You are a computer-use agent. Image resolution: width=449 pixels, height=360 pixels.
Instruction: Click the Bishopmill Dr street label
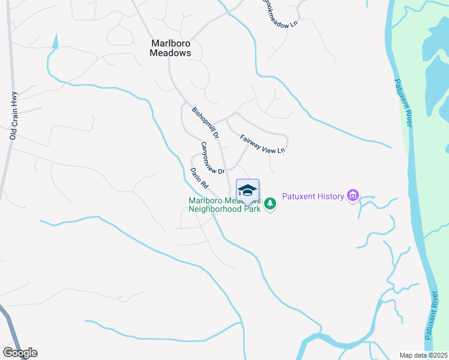[205, 123]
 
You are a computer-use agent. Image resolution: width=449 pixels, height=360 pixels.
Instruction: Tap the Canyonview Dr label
[212, 158]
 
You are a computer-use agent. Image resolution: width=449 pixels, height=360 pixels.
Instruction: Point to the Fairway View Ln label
[262, 143]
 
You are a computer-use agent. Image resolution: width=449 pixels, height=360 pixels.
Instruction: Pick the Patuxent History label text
[313, 196]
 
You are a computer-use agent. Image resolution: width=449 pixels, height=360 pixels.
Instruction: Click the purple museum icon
[352, 196]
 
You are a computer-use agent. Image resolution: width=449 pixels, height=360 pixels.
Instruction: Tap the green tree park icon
[271, 204]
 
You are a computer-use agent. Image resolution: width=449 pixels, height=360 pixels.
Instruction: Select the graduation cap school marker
[247, 190]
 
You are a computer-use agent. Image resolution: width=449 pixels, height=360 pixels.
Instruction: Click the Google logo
[20, 353]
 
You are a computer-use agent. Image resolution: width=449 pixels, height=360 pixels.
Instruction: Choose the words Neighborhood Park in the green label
[224, 209]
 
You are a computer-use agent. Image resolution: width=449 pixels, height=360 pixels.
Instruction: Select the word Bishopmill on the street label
[203, 120]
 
